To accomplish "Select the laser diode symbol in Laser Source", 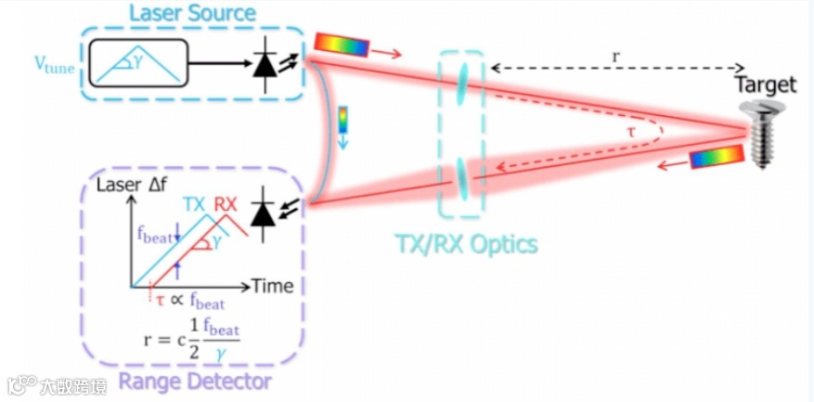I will coord(265,66).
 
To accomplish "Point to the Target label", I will coord(765,84).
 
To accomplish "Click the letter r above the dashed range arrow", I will coord(615,56).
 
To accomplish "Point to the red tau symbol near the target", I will coord(632,133).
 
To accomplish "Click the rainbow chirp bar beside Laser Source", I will coord(342,45).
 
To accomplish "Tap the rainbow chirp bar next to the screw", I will coord(716,157).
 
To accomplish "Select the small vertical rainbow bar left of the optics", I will coord(342,120).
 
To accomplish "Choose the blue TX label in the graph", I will coord(194,204).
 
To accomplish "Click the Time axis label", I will coord(271,286).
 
